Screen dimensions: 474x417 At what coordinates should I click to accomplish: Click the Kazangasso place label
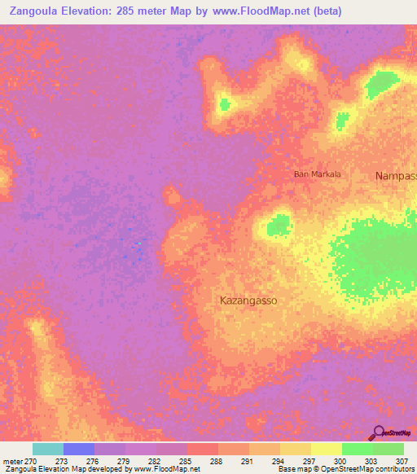pos(248,301)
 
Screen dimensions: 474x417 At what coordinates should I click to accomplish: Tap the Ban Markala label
pos(318,174)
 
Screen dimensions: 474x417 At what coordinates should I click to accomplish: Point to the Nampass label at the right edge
pos(396,176)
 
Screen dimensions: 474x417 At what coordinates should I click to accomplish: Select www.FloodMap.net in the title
pos(258,11)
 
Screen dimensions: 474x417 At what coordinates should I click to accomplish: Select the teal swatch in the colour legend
pos(48,449)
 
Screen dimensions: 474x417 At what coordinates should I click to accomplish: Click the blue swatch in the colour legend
pos(79,449)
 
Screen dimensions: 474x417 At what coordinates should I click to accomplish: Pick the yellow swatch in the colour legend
pos(327,449)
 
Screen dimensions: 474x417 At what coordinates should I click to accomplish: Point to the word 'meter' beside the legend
pos(12,460)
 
